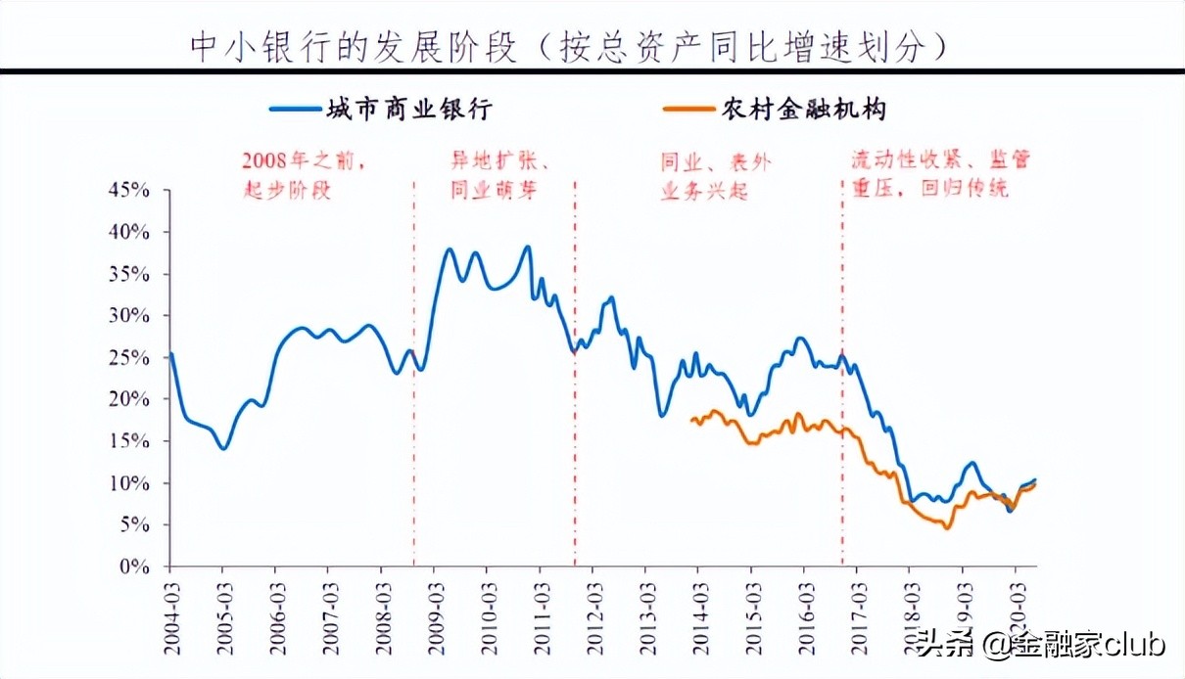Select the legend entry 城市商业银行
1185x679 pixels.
coord(408,110)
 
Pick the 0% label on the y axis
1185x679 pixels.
coord(135,566)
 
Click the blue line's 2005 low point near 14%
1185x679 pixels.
coord(224,448)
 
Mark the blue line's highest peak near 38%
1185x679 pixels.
coord(528,247)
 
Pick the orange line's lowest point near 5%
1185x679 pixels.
coord(946,528)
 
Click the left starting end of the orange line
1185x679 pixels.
coord(691,420)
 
